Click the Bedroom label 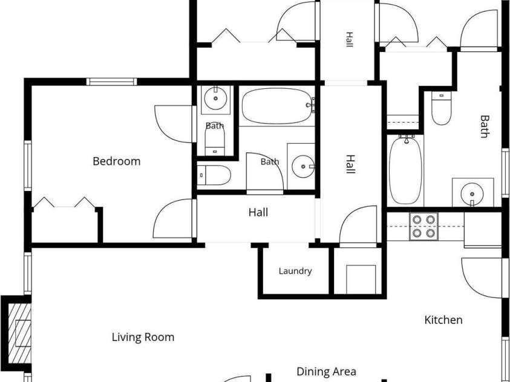tap(116, 161)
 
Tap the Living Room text tap(143, 337)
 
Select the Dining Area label tap(326, 371)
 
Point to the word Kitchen tap(443, 320)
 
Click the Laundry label tap(295, 271)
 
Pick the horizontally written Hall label tap(258, 212)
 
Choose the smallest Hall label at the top tap(349, 40)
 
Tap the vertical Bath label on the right tap(485, 126)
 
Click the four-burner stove tap(424, 227)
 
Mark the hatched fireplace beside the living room tap(19, 333)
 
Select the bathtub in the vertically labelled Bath tap(405, 170)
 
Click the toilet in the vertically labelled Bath tap(442, 108)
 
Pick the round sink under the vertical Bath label tap(472, 194)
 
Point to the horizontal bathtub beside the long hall tap(277, 106)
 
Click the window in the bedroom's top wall tap(111, 82)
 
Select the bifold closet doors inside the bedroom tap(64, 202)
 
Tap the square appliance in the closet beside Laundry tap(361, 279)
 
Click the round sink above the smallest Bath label tap(215, 99)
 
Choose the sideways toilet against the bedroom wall tap(214, 175)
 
